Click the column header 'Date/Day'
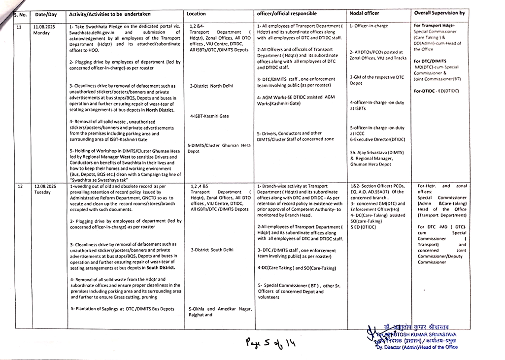coord(46,14)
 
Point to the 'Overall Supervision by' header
coord(439,13)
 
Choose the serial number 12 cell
coord(20,187)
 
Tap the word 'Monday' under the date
coord(42,33)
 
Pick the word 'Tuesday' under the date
coord(42,193)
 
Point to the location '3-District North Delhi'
coord(212,86)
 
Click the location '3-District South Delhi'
coord(212,250)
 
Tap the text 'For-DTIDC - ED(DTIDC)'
coord(436,91)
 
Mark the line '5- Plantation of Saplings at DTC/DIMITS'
coord(122,309)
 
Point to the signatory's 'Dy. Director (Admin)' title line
coord(417,347)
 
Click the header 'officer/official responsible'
coord(287,14)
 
